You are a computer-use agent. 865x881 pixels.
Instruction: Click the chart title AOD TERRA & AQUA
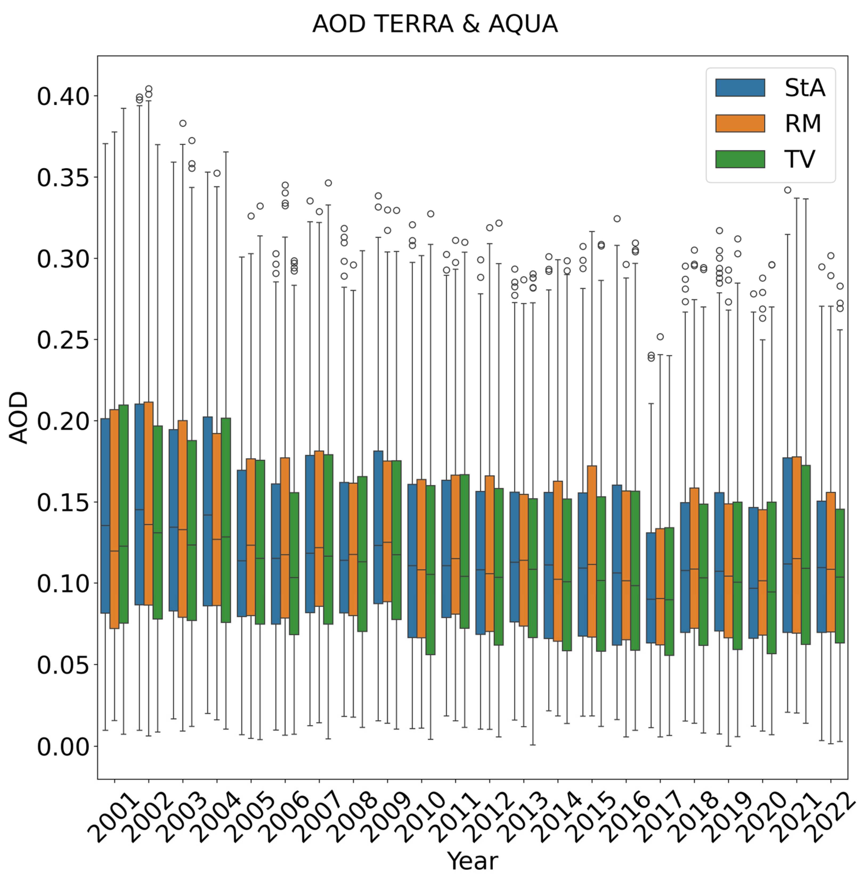[x=435, y=24]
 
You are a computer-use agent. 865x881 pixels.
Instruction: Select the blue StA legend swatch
[x=740, y=88]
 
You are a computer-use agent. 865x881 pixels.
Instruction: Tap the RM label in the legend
[x=803, y=124]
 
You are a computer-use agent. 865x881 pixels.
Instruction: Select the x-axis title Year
[x=473, y=860]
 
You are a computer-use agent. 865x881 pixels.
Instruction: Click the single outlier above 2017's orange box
[x=660, y=337]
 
